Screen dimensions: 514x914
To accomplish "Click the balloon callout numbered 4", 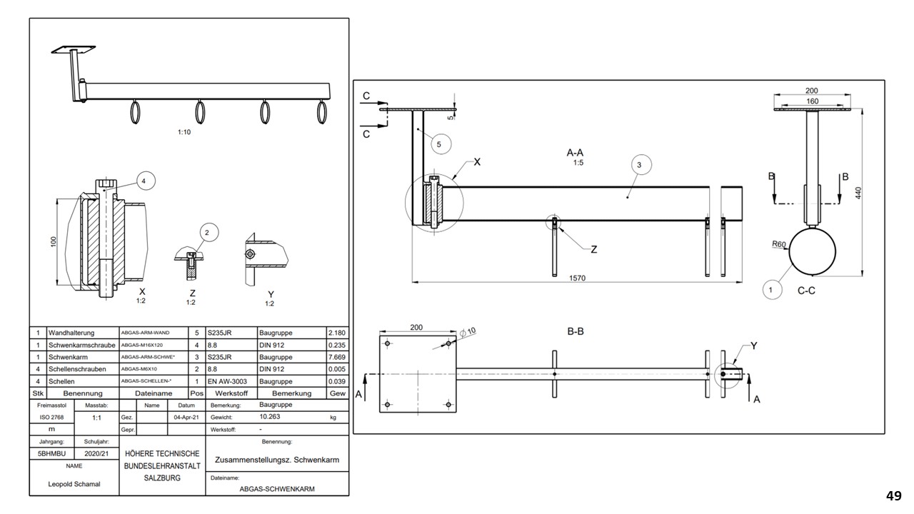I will (144, 182).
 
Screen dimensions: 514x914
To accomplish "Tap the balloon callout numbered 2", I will (207, 232).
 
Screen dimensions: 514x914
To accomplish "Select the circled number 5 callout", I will (439, 144).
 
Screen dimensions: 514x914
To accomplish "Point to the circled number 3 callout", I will (639, 165).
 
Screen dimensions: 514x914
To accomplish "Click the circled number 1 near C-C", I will (770, 290).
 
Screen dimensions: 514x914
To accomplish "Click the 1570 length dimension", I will (577, 278).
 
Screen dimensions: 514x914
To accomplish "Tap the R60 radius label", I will (779, 244).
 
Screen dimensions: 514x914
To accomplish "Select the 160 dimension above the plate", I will (812, 101).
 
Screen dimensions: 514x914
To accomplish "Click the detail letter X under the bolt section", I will (142, 291).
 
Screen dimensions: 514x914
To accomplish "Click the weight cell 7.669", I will (336, 357).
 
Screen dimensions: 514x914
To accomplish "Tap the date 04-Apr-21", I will (186, 418).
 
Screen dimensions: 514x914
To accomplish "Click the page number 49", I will (893, 495).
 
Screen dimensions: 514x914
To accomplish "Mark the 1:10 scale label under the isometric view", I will (184, 131).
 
